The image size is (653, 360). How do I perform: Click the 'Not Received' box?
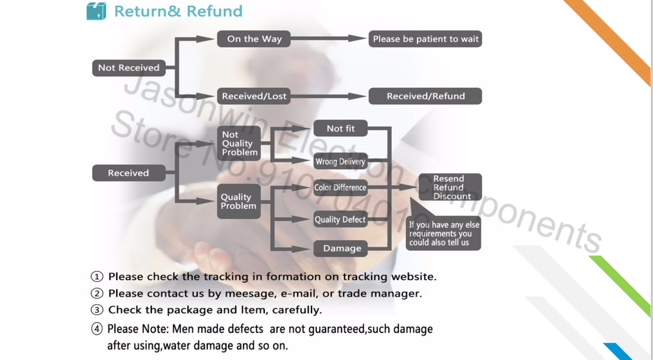click(x=128, y=68)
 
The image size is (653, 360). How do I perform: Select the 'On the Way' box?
click(x=254, y=39)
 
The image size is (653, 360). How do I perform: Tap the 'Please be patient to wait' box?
click(x=425, y=39)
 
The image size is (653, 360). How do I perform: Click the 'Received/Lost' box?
click(x=254, y=96)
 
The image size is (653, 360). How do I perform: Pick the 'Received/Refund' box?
click(x=425, y=96)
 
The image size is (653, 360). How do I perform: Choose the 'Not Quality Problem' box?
click(x=239, y=143)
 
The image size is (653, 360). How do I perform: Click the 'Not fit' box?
click(x=341, y=128)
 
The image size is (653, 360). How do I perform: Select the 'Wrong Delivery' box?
click(x=341, y=161)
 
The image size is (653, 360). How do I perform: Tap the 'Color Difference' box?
click(x=340, y=188)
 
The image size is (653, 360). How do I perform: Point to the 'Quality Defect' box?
click(x=340, y=219)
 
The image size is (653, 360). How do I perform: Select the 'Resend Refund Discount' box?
click(x=450, y=187)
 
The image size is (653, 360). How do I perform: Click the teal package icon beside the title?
click(x=96, y=11)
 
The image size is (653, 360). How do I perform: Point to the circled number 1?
click(x=96, y=276)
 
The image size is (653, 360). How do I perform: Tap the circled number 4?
click(x=96, y=329)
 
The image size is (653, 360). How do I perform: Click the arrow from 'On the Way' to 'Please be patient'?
click(x=328, y=39)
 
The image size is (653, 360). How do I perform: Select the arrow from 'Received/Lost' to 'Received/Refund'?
click(x=328, y=96)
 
